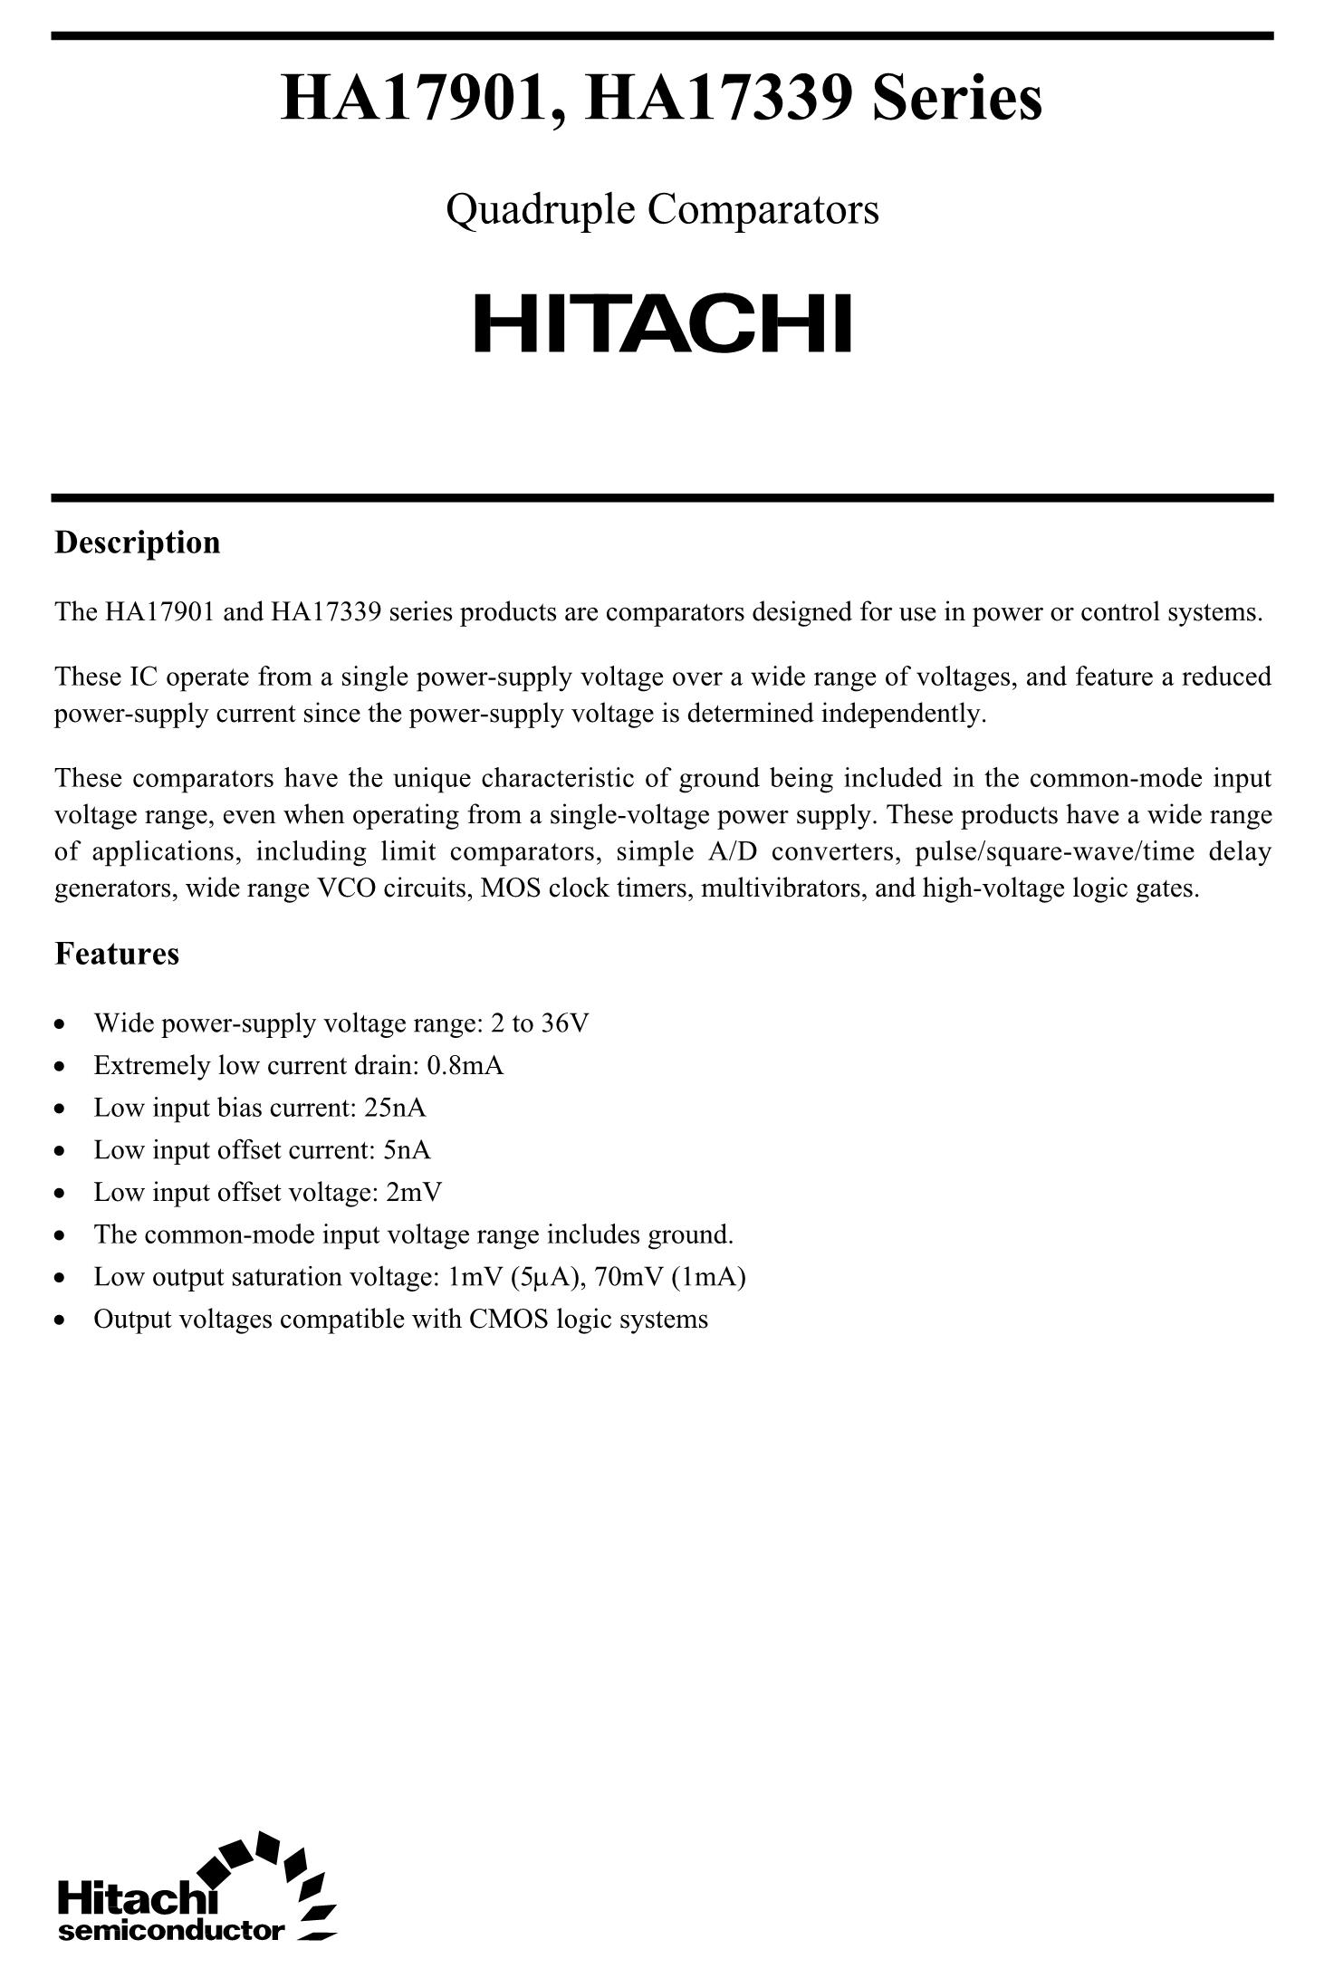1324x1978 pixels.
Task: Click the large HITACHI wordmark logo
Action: (663, 323)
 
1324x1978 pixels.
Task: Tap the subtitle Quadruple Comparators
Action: (662, 210)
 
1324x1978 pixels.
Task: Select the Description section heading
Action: (138, 543)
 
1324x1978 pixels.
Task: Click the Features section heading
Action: (117, 954)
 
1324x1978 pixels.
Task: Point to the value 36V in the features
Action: (565, 1023)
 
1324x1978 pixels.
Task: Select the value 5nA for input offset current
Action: (407, 1150)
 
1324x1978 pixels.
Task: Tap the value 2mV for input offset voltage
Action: (414, 1192)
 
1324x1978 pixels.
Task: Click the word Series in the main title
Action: (956, 100)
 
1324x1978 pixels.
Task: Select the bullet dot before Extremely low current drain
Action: (60, 1067)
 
